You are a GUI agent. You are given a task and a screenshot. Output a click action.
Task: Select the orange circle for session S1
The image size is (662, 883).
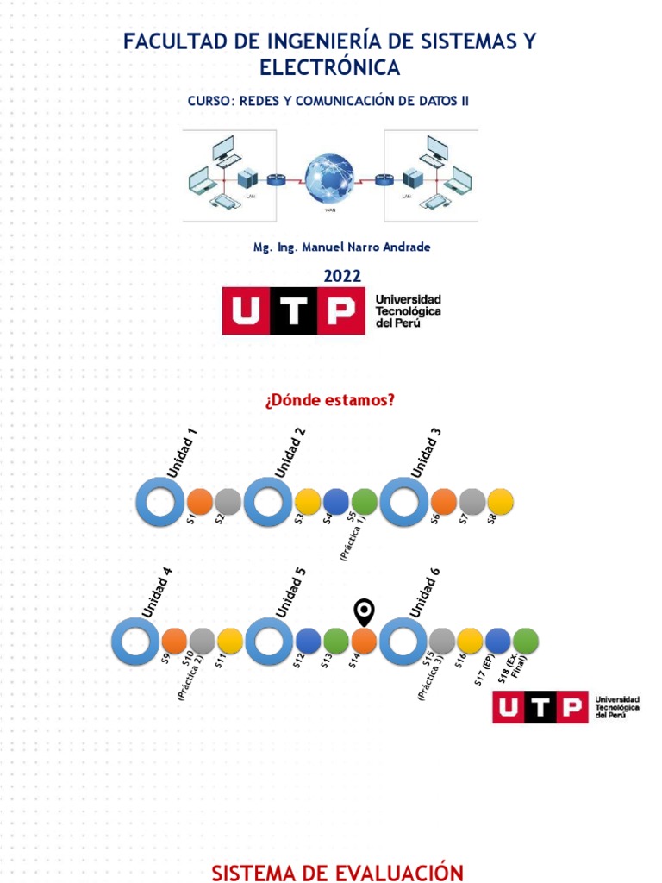[x=200, y=502]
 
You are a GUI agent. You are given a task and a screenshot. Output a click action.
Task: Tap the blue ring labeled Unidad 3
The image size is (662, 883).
[x=403, y=502]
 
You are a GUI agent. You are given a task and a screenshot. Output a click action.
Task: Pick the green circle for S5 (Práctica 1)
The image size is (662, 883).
[x=364, y=502]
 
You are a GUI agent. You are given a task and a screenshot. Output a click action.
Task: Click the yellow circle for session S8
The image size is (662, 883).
[x=500, y=502]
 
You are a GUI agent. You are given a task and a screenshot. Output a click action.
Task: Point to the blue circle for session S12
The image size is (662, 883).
[x=309, y=641]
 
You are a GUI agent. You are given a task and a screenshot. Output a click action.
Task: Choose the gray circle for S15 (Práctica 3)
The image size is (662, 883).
[x=441, y=641]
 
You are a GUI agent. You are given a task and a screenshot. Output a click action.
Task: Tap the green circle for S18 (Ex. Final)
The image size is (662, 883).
[x=526, y=641]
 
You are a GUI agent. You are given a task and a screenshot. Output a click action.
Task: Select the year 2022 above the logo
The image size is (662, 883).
[x=342, y=276]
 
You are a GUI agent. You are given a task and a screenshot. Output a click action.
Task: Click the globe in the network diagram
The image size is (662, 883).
[x=329, y=178]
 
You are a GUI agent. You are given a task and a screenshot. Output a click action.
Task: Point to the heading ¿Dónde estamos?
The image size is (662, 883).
[x=330, y=399]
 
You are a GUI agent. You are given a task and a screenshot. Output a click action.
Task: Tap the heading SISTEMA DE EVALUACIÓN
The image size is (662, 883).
[x=332, y=873]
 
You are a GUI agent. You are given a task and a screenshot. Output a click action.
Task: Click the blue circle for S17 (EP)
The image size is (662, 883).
[x=498, y=641]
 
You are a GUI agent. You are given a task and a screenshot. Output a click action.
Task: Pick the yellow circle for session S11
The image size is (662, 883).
[x=230, y=641]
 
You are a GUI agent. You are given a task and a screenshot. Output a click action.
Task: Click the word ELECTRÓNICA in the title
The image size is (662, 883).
[x=330, y=67]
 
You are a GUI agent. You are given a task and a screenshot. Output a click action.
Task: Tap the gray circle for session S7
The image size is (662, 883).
[x=472, y=502]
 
